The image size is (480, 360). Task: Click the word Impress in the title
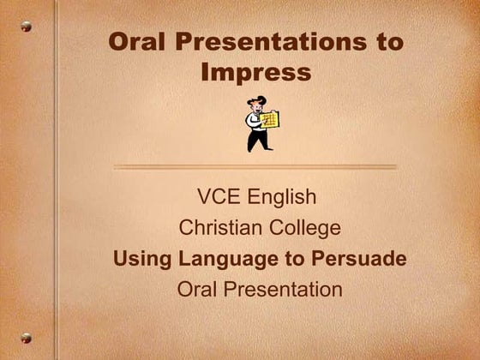pyautogui.click(x=255, y=73)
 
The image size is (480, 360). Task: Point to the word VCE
pyautogui.click(x=219, y=197)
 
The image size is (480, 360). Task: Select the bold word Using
pyautogui.click(x=141, y=258)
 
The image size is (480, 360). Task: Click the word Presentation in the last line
pyautogui.click(x=282, y=289)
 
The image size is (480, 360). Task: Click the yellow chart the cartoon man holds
pyautogui.click(x=270, y=120)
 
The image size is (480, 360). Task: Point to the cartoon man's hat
pyautogui.click(x=255, y=101)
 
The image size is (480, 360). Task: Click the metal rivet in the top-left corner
pyautogui.click(x=26, y=27)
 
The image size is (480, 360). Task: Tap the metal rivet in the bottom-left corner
pyautogui.click(x=26, y=338)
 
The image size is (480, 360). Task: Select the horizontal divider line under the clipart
pyautogui.click(x=255, y=167)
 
